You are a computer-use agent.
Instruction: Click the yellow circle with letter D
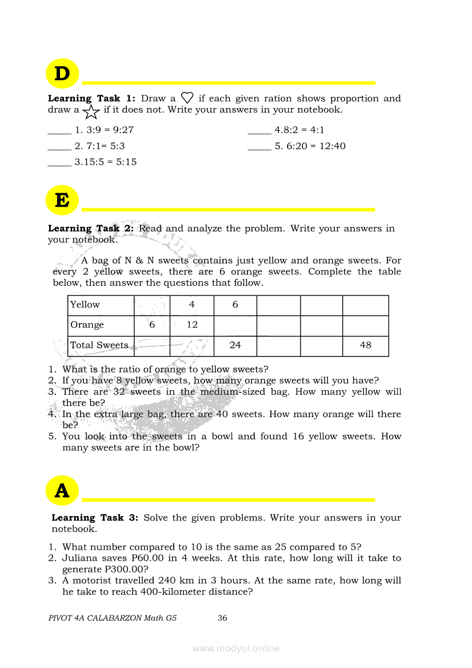coord(62,74)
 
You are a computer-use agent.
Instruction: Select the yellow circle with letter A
coord(62,490)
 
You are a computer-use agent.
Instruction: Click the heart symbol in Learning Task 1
coord(187,98)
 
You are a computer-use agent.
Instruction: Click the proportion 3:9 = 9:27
coord(104,130)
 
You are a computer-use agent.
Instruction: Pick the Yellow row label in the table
coord(85,305)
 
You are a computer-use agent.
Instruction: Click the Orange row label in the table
coord(87,325)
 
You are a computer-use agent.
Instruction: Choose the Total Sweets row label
coord(99,345)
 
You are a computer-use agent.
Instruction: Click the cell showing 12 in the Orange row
coord(192,325)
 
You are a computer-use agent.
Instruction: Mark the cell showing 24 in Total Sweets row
coord(235,345)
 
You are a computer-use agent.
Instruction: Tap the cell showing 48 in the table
coord(366,345)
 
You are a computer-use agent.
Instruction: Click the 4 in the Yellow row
coord(192,305)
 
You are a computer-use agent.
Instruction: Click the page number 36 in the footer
coord(222,618)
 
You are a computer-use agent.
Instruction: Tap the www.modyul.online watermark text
coord(236,648)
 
